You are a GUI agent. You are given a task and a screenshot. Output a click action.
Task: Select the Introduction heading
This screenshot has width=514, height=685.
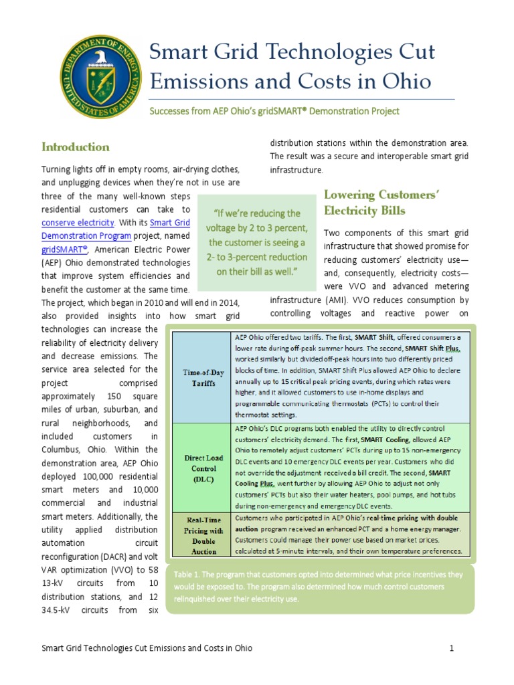[x=76, y=146]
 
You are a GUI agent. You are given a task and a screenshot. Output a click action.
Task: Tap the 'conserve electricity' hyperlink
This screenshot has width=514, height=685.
[x=78, y=222]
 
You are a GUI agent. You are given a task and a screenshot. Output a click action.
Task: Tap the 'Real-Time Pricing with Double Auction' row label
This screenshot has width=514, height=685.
[x=200, y=534]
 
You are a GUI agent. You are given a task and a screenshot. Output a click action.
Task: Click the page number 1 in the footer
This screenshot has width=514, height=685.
[x=452, y=648]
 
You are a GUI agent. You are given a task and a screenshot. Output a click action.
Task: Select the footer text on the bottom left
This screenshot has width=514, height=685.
[x=147, y=648]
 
